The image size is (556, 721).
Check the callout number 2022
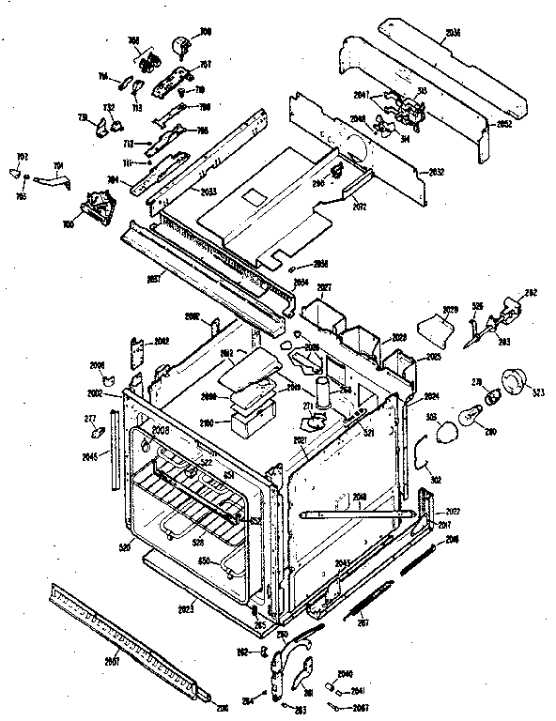pos(452,510)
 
